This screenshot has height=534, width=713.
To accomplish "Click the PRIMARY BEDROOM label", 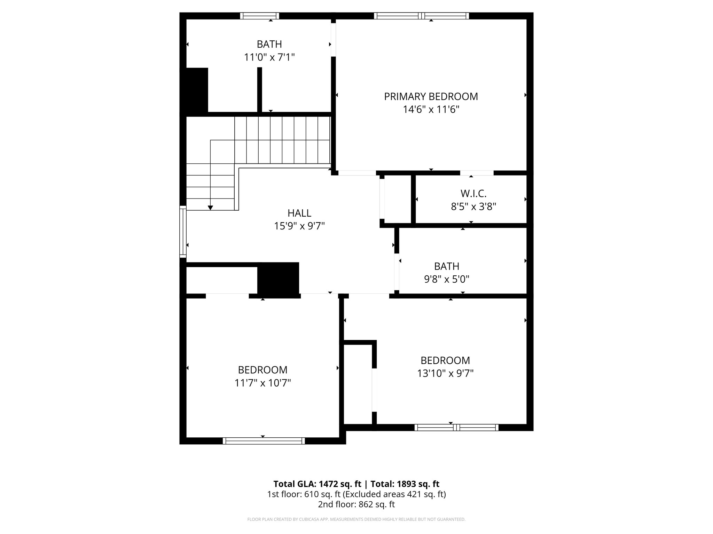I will tap(431, 97).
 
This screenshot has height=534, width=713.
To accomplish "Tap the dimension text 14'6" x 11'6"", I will tap(431, 110).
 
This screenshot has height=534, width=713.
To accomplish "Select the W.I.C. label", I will tap(473, 193).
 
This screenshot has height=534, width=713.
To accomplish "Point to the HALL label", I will tap(299, 213).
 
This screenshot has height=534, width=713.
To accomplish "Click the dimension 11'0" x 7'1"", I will tap(269, 57).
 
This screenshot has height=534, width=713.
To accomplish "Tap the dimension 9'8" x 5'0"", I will tap(446, 279).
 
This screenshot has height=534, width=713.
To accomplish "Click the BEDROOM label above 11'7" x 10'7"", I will tap(263, 370).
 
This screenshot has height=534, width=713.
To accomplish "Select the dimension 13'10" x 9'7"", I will tap(445, 373).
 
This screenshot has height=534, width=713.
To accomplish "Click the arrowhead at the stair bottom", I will tap(210, 208).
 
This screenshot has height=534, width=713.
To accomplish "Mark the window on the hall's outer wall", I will tap(183, 231).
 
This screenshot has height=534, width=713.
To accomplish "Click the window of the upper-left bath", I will tap(260, 16).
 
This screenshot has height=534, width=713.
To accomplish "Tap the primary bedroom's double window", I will tap(421, 16).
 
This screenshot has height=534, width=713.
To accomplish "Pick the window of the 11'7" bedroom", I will tap(264, 441).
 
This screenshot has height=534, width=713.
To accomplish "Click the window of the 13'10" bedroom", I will tap(456, 428).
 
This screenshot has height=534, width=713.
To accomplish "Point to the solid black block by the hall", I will tap(278, 279).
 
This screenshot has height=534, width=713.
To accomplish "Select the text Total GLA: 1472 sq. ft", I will tap(317, 484).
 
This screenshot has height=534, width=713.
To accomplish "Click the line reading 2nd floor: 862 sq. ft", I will tap(356, 504).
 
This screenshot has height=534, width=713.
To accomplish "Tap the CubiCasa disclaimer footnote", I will tap(356, 519).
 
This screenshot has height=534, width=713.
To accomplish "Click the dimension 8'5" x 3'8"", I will tap(473, 207).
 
